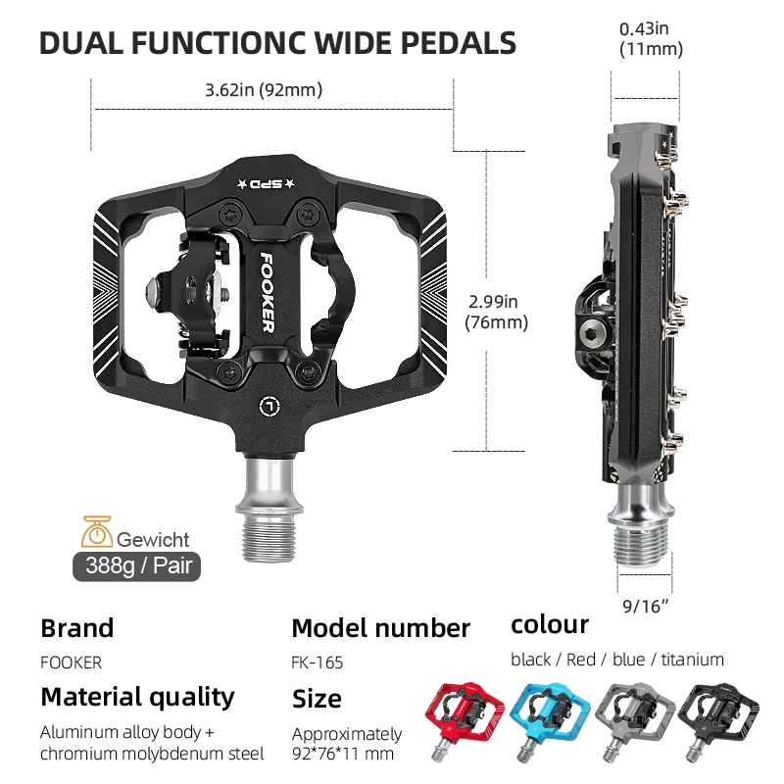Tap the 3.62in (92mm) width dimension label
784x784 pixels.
[264, 90]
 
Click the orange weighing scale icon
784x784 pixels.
[97, 531]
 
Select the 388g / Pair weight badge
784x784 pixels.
[136, 566]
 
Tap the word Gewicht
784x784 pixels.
[153, 539]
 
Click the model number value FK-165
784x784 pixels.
[318, 662]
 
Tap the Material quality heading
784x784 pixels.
[137, 697]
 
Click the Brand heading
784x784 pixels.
[76, 628]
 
